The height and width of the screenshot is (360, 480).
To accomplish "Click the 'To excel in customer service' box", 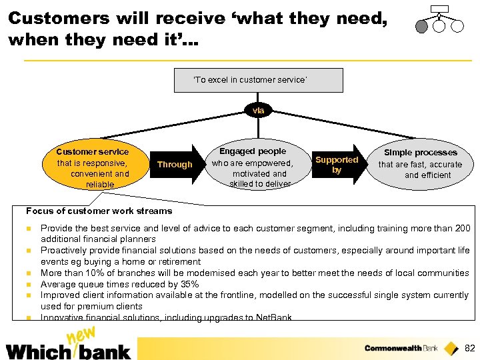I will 258,80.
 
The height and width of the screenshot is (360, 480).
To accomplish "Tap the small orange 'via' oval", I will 258,110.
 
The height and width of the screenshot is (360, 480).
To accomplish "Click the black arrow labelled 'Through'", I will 175,164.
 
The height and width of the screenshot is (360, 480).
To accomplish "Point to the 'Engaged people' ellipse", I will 253,167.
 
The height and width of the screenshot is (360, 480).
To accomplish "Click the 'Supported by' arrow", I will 337,165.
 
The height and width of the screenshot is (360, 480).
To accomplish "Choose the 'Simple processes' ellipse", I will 420,164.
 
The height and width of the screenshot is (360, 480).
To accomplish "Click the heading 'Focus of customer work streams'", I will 99,211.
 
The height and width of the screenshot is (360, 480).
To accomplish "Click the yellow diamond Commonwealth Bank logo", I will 451,347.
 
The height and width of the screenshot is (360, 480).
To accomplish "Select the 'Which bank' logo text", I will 68,350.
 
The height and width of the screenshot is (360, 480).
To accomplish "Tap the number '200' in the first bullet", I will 462,228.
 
